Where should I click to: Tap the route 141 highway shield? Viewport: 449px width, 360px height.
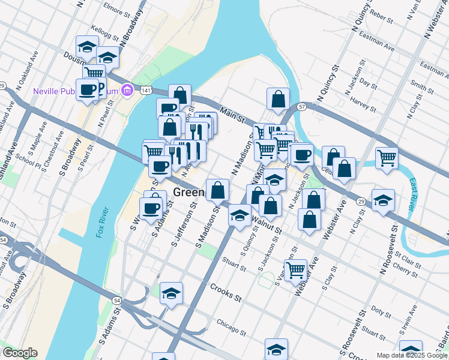tap(145, 91)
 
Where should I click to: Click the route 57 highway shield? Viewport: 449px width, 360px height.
tap(302, 106)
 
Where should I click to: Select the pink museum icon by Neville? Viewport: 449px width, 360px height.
tap(127, 91)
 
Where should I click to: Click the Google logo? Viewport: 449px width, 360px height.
tap(20, 353)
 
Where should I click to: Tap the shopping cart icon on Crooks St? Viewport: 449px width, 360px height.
tap(295, 270)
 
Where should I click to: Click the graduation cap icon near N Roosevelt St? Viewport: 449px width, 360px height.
tap(383, 200)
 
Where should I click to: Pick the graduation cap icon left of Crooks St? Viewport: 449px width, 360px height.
tap(171, 293)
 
